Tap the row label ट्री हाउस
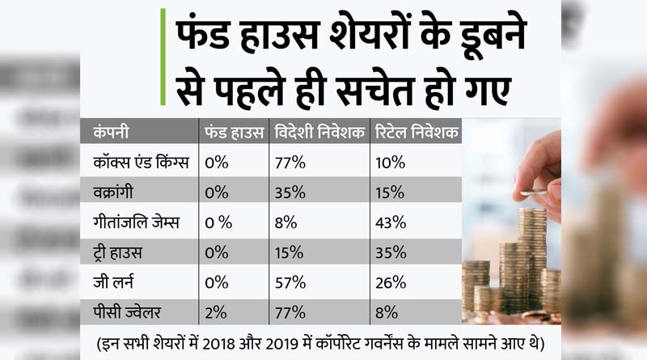[x=117, y=252]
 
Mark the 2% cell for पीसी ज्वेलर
[x=218, y=311]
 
